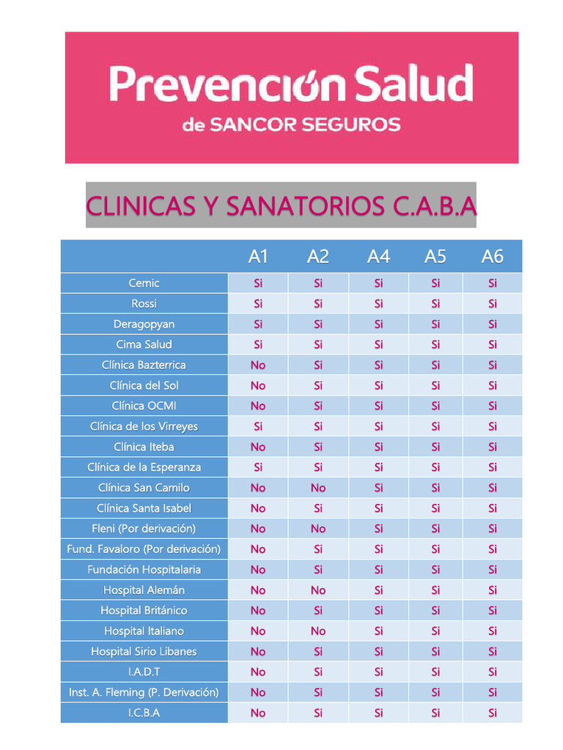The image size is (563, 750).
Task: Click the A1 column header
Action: click(258, 256)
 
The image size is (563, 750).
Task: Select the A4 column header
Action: click(378, 256)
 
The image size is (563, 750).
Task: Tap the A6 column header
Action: click(493, 256)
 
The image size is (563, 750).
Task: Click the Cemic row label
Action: click(144, 283)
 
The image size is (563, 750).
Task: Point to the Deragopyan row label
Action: click(144, 324)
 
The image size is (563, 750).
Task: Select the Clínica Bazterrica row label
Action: click(144, 365)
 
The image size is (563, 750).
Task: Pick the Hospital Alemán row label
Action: click(144, 590)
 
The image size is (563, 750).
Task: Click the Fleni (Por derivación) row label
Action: click(144, 528)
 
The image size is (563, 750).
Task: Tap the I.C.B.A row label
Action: click(144, 713)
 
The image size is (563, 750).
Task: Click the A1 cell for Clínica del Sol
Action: click(258, 385)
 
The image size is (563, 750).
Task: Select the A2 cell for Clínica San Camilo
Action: click(318, 488)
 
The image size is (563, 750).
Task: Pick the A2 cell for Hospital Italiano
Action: click(318, 631)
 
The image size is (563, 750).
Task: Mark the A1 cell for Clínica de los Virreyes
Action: click(258, 426)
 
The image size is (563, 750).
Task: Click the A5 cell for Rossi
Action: click(435, 304)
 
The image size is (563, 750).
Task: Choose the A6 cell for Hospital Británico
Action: click(493, 610)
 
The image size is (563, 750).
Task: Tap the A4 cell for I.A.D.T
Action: click(378, 672)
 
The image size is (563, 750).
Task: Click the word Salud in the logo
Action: click(414, 84)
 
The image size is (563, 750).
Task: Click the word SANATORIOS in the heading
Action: click(305, 207)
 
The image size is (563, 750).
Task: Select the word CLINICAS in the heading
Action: click(139, 207)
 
